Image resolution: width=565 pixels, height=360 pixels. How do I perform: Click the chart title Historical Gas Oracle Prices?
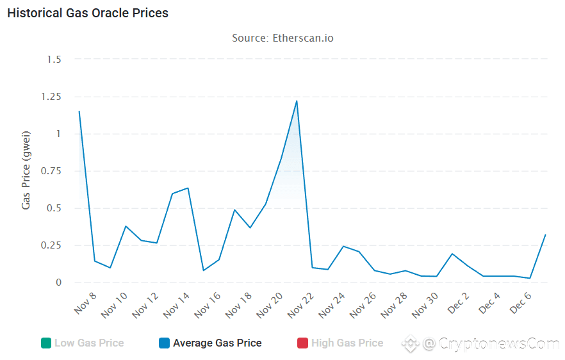(x=88, y=13)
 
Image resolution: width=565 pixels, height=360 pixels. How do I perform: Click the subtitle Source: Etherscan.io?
(x=282, y=38)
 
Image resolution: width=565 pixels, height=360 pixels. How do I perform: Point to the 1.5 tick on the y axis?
(x=54, y=60)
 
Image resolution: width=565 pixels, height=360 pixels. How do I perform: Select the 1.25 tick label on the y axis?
(x=51, y=97)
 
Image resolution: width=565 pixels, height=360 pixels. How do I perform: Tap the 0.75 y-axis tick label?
(x=51, y=171)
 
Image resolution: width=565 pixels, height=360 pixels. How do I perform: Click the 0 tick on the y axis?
(x=58, y=282)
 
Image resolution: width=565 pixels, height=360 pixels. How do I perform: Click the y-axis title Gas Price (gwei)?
(x=26, y=171)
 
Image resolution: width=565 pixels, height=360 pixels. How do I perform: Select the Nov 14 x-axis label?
(x=176, y=306)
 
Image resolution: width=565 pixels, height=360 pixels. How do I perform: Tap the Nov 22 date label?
(x=300, y=306)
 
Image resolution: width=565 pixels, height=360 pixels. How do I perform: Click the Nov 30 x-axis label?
(x=424, y=306)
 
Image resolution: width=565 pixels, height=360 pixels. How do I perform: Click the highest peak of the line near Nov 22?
(x=297, y=101)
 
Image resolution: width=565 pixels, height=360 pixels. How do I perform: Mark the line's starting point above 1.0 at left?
(x=79, y=111)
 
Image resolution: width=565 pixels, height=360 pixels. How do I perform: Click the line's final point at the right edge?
(x=545, y=234)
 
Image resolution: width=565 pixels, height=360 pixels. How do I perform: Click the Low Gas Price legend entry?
(x=88, y=343)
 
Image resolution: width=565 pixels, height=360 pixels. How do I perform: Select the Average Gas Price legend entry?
(x=217, y=343)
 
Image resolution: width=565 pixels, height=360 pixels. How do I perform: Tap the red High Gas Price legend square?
(x=302, y=343)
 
